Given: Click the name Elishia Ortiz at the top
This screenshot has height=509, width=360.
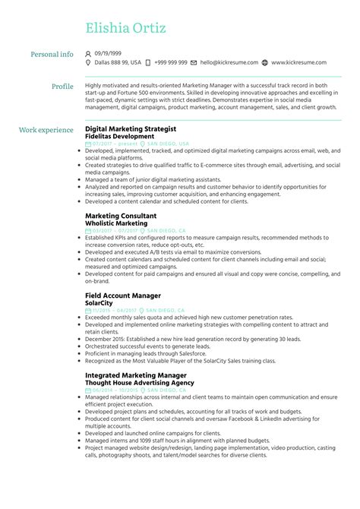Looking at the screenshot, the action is [x=125, y=30].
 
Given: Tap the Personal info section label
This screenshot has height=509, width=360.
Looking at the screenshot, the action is [x=52, y=54].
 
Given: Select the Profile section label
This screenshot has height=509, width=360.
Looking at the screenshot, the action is [x=62, y=86].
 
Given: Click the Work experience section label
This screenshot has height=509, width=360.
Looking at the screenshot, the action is [x=46, y=130].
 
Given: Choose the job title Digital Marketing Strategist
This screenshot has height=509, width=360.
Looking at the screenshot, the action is [x=131, y=129].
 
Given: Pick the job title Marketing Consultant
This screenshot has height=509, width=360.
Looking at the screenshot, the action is [x=121, y=216].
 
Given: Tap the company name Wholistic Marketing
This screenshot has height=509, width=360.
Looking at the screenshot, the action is [x=115, y=223].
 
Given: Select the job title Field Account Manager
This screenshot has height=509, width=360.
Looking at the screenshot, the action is [x=123, y=295].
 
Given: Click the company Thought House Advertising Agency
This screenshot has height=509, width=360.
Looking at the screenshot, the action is [x=139, y=382].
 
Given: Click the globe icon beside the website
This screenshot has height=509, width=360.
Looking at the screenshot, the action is [x=264, y=63].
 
